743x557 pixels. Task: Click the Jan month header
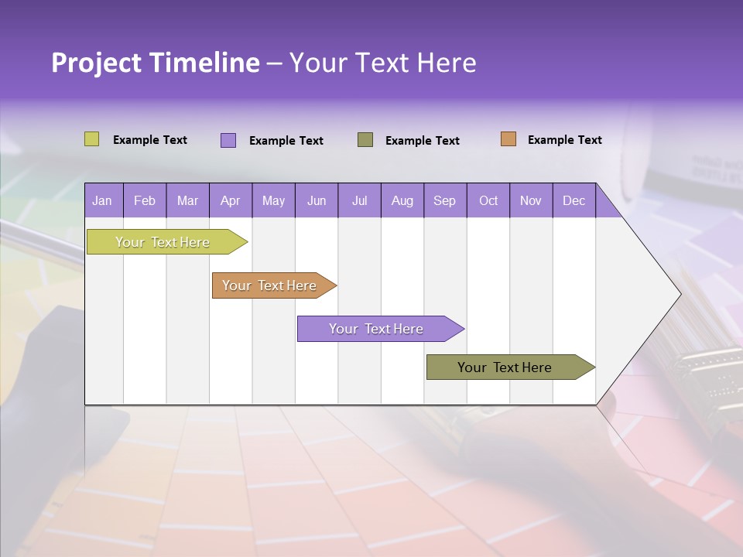[x=103, y=200]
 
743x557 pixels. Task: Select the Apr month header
[x=231, y=200]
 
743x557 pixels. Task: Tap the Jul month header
[x=360, y=200]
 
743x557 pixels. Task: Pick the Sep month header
[x=445, y=200]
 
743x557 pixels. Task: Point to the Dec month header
[x=574, y=200]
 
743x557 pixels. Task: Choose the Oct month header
[x=488, y=200]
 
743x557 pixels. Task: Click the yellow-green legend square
[x=92, y=139]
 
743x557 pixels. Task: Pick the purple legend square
[x=228, y=140]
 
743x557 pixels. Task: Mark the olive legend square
[x=365, y=139]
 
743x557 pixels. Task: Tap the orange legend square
[x=508, y=139]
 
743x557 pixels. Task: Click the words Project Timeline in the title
[x=155, y=63]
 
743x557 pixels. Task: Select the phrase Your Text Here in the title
[x=382, y=63]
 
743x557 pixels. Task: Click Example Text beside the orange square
[x=564, y=140]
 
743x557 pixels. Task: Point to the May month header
[x=273, y=200]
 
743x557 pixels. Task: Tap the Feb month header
[x=145, y=200]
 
